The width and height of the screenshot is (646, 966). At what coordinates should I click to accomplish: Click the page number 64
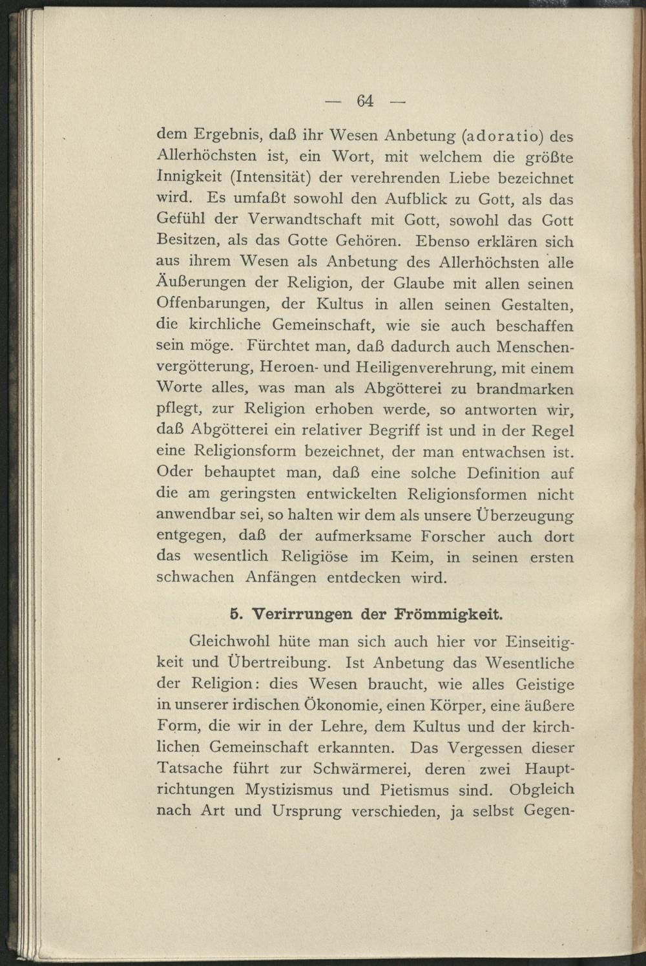click(364, 101)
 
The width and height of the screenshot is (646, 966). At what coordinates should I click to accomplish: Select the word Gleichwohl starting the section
click(228, 642)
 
